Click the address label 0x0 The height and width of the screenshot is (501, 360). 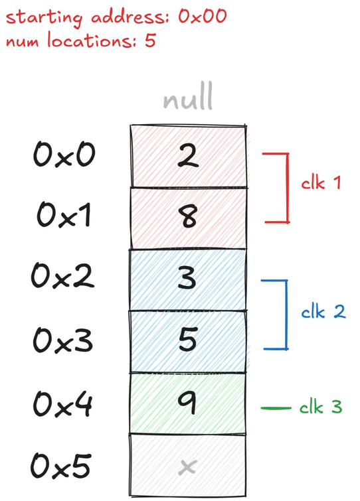click(x=64, y=155)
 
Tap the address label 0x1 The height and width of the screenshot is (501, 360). click(x=64, y=215)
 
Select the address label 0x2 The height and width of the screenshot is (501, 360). click(x=62, y=276)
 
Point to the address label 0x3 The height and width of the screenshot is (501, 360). click(x=63, y=340)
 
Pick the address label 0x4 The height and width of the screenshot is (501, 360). click(x=63, y=404)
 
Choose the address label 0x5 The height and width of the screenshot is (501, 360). click(x=60, y=466)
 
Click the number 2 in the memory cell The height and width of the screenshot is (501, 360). click(x=188, y=155)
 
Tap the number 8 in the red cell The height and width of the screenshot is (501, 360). click(x=189, y=216)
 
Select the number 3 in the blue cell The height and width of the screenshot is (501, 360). click(x=187, y=277)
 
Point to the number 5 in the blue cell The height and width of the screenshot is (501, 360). click(x=188, y=339)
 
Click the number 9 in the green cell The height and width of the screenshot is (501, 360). click(x=187, y=403)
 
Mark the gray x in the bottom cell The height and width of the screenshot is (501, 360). click(x=187, y=466)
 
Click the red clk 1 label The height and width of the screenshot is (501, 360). click(x=321, y=182)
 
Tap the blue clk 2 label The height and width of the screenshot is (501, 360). click(x=323, y=311)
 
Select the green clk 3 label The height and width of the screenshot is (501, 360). click(x=321, y=407)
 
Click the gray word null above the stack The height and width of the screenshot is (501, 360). click(x=188, y=96)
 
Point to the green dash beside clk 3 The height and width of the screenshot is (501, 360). click(x=276, y=408)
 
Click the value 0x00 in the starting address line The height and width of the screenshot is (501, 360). click(x=203, y=16)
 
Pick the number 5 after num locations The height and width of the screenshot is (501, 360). click(x=150, y=40)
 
